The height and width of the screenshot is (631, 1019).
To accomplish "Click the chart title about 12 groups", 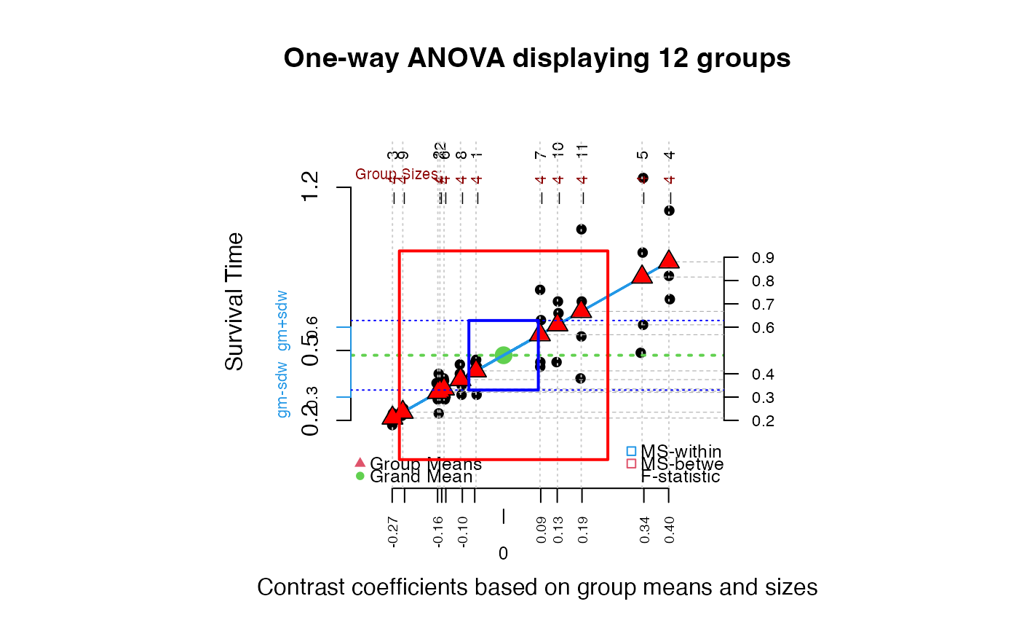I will click(x=537, y=58).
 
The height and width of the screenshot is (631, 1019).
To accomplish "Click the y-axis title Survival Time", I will click(x=234, y=302).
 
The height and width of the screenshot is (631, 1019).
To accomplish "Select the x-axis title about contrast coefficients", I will click(x=537, y=587).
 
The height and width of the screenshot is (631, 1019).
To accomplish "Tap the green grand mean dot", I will click(x=504, y=355).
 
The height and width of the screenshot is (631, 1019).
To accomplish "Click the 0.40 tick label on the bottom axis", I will click(x=670, y=533).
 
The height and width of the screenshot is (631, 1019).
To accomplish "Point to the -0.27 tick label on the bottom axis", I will click(x=393, y=533).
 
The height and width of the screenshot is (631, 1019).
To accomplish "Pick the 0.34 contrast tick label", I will click(x=645, y=533).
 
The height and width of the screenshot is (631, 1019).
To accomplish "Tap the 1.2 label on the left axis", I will click(x=312, y=187).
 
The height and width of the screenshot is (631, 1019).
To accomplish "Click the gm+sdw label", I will click(x=284, y=321).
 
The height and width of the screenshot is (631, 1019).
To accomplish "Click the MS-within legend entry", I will click(x=681, y=452).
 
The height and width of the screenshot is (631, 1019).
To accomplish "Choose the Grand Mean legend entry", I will click(x=421, y=477).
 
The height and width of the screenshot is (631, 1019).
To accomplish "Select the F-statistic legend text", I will click(x=681, y=477).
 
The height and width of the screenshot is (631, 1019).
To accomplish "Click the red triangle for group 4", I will click(x=670, y=260).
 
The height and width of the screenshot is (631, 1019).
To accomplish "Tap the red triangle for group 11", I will click(x=581, y=309).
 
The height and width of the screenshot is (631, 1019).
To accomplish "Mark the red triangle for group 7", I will click(x=540, y=332).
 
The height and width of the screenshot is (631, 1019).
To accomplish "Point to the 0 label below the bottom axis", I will click(x=503, y=554).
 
